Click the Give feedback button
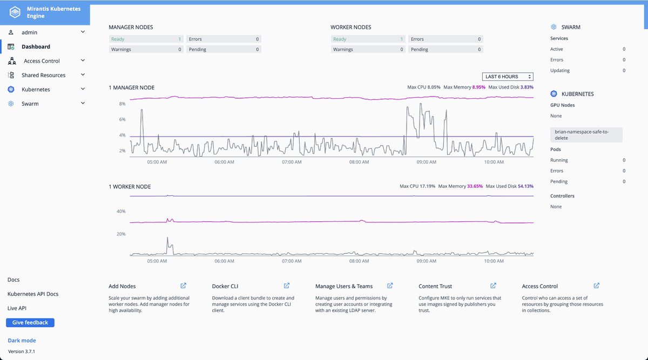[x=30, y=322]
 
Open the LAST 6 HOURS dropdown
[x=508, y=77]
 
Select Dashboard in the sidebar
[x=36, y=46]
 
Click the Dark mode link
[x=22, y=341]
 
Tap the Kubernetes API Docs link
[x=33, y=294]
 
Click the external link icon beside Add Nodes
[x=184, y=286]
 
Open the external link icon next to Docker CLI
[x=287, y=286]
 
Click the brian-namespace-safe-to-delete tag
[x=586, y=135]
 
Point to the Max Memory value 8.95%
[x=479, y=87]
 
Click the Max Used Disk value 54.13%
[x=525, y=186]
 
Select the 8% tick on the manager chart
[x=123, y=104]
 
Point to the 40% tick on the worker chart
[x=121, y=212]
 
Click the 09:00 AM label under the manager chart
[x=427, y=162]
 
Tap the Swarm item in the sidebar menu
[x=30, y=104]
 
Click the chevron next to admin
[x=83, y=32]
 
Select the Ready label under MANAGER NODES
[x=118, y=39]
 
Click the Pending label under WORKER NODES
[x=420, y=50]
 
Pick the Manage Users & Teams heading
[x=344, y=286]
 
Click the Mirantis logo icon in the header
[x=15, y=12]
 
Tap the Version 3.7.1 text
[x=22, y=351]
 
